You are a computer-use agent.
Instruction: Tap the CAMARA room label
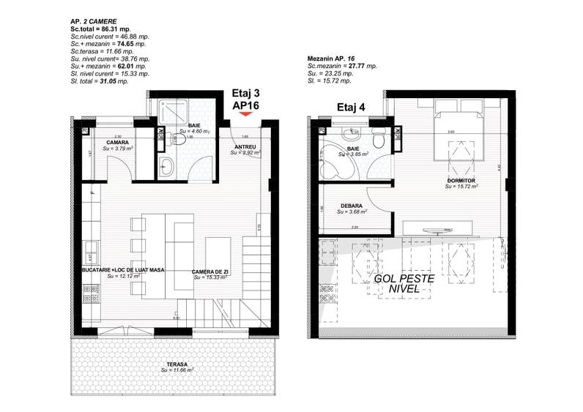(x=118, y=142)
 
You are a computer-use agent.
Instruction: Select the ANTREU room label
(x=244, y=147)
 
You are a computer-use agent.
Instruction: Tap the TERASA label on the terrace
(x=176, y=364)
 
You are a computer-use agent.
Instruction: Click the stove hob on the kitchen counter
(x=92, y=293)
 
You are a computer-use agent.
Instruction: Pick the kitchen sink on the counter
(x=92, y=249)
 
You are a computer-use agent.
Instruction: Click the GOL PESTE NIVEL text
(x=404, y=284)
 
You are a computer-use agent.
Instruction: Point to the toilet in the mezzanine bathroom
(x=378, y=140)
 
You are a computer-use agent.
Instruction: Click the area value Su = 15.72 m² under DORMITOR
(x=461, y=187)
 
